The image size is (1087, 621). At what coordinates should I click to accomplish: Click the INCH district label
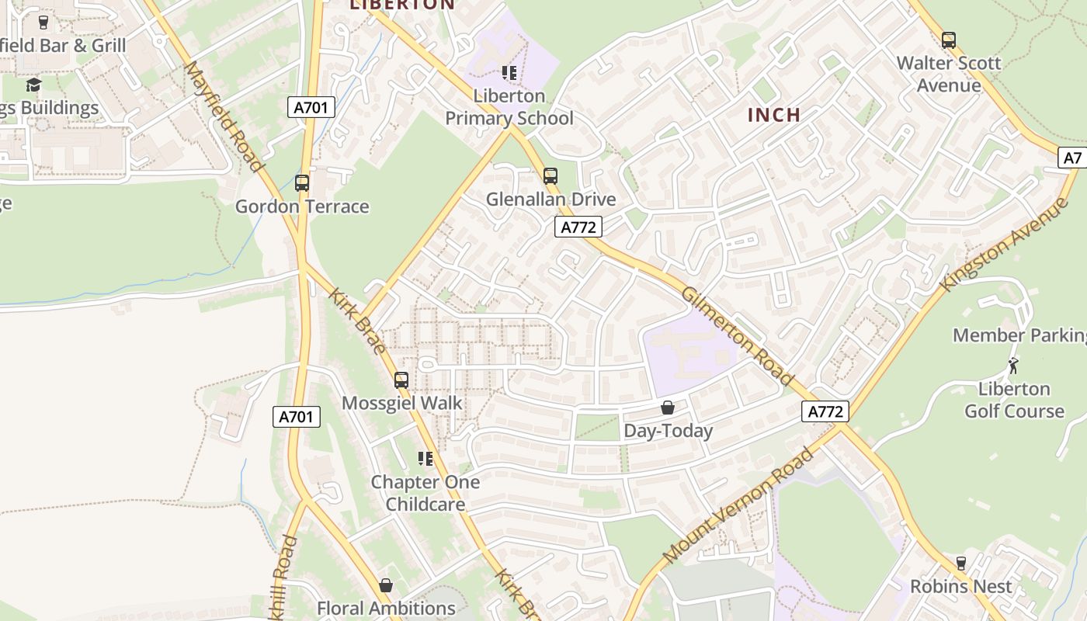773,115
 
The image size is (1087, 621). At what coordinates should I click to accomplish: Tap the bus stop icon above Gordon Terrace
302,183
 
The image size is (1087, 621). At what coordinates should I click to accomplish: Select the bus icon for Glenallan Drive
550,176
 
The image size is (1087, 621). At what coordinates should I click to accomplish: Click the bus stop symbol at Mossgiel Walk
401,380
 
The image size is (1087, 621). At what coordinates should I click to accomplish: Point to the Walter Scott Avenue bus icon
948,40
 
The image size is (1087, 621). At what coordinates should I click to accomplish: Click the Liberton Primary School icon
509,74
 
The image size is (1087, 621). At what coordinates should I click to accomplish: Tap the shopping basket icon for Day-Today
668,408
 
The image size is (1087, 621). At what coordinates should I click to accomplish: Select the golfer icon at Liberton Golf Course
1013,366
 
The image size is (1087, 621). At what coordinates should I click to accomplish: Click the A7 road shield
1072,158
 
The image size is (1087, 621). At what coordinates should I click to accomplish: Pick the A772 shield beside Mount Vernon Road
825,411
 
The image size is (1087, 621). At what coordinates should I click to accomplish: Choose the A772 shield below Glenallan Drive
579,227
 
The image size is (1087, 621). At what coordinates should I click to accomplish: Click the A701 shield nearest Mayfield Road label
311,107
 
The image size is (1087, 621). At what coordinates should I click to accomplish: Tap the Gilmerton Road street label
737,335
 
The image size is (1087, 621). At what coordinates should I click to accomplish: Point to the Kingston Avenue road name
1004,245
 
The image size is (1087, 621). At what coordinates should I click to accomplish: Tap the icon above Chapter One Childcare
425,459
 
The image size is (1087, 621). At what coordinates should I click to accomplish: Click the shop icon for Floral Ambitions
386,585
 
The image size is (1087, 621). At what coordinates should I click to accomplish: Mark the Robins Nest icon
961,564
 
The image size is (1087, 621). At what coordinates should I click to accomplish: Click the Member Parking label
1019,335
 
